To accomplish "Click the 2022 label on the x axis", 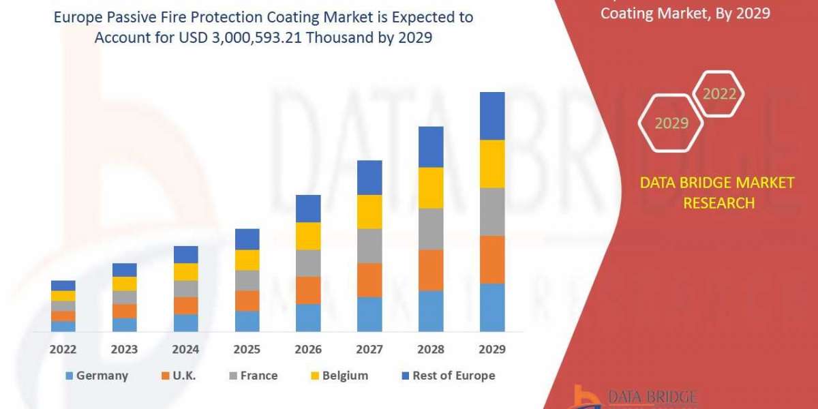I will (63, 350).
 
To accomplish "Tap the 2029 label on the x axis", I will (492, 350).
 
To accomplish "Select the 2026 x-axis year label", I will (308, 350).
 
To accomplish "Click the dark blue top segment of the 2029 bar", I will (492, 116).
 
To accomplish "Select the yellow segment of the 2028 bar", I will (431, 187).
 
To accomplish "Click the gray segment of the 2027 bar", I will (369, 245).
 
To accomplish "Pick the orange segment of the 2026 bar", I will (308, 290).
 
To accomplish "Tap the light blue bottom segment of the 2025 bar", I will (247, 321).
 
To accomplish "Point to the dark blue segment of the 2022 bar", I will (63, 285).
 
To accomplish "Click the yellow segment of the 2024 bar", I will (185, 271).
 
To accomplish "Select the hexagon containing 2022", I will (718, 94).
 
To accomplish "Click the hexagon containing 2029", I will (671, 123).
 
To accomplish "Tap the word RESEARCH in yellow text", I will (718, 202).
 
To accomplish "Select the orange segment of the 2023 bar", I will (124, 311).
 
